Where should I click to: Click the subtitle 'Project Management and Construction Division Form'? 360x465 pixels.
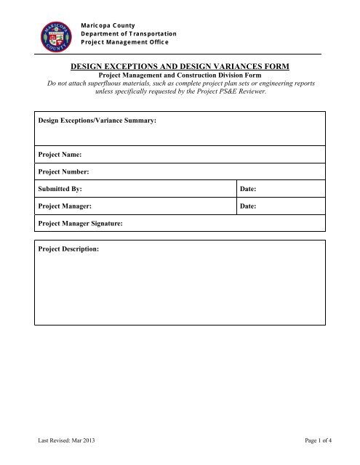pos(180,75)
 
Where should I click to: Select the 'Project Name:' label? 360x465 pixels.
pos(59,155)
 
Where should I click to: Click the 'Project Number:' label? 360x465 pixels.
pos(63,172)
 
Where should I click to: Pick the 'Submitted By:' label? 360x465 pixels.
pos(60,189)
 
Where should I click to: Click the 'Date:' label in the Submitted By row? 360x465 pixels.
pos(249,189)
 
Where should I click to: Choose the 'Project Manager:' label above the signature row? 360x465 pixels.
pos(65,206)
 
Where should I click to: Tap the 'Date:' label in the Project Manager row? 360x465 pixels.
pos(249,206)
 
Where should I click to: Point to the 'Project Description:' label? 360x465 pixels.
pos(72,250)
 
